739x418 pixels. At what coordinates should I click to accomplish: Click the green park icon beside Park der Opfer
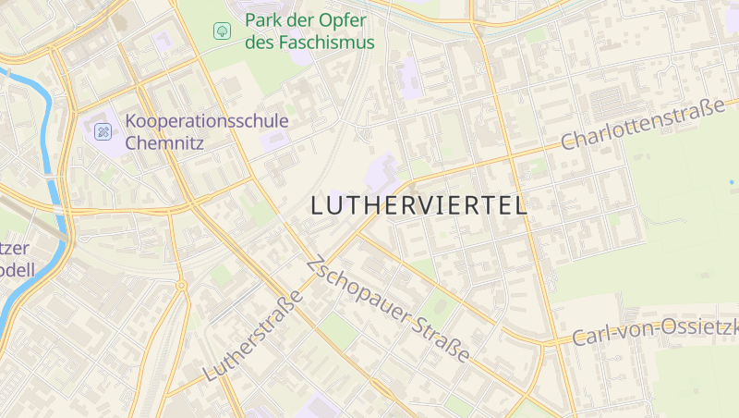(223, 31)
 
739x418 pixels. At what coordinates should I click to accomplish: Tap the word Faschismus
(323, 43)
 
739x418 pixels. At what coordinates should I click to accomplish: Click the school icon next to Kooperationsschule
(103, 131)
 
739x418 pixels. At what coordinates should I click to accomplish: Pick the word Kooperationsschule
(206, 121)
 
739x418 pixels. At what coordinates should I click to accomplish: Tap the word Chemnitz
(164, 143)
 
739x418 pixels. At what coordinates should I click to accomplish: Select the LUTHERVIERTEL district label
(419, 205)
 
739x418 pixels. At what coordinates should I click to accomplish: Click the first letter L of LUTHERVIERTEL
(318, 205)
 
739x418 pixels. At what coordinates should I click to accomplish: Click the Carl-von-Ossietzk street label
(654, 331)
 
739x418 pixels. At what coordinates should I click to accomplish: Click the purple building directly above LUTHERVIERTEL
(381, 171)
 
